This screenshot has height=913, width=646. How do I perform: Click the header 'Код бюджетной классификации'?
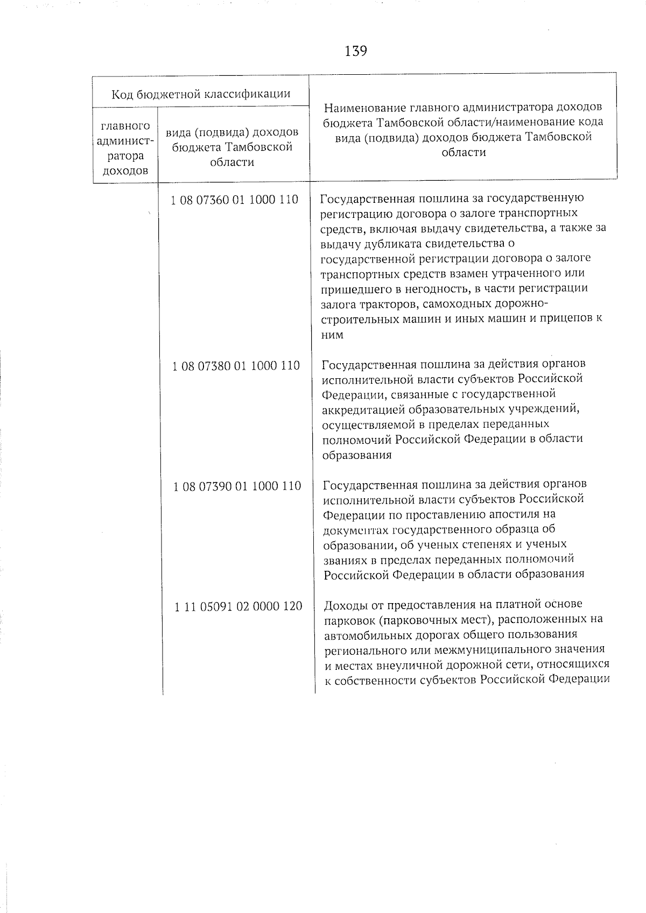(201, 95)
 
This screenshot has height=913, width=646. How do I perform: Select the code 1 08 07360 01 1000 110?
(234, 200)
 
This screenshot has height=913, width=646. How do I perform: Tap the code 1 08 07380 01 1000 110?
(236, 366)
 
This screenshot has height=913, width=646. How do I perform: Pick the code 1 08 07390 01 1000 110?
(237, 486)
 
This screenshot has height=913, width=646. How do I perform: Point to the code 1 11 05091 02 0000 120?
(238, 607)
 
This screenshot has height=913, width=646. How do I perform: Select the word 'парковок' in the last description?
(347, 620)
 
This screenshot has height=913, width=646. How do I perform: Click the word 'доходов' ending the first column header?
(125, 171)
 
